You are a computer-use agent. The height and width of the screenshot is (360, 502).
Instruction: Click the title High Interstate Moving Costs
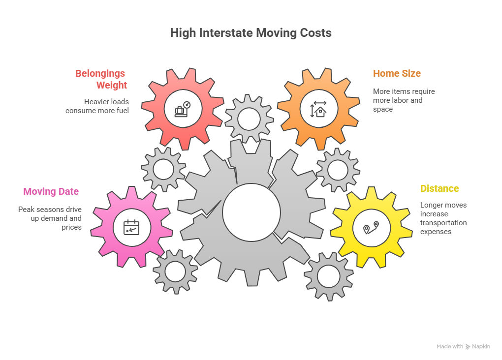pos(251,33)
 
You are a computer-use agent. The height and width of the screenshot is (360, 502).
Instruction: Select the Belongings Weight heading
pos(101,79)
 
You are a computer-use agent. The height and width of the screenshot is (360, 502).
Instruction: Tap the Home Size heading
pos(397,73)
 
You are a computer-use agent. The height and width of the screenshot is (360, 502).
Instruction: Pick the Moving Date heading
pos(51,191)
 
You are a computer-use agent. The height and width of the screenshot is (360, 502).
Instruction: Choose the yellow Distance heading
pos(439,188)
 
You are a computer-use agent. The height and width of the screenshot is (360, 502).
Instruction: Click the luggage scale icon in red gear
pos(182,109)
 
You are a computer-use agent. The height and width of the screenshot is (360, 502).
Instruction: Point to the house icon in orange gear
pos(318,109)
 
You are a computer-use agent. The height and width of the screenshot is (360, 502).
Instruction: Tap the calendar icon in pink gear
pos(131,227)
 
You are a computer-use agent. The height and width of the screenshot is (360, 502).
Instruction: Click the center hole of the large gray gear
pos(251,212)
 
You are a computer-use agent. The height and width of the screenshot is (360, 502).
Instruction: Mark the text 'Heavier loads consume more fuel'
pos(97,106)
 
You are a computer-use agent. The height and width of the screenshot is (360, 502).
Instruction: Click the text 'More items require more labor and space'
pos(404,100)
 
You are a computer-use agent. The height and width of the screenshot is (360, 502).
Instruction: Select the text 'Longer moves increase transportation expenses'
pos(443,218)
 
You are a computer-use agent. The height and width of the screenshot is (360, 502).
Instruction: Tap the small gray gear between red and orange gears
pos(249,119)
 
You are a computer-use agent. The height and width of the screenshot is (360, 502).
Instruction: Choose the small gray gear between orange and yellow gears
pos(338,170)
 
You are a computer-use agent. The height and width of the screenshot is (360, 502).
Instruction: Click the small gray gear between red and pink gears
pos(163,169)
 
